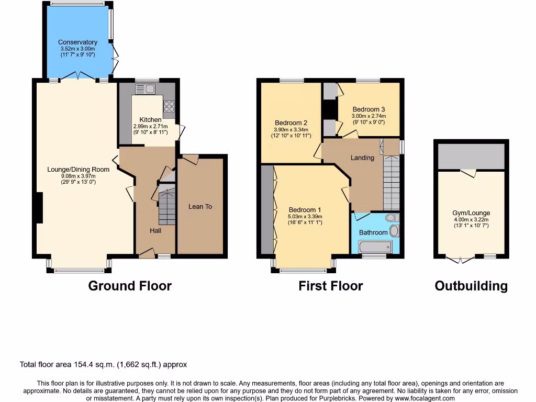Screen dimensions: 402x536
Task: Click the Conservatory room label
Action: pos(77,42)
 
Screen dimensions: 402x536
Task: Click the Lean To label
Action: pos(200,207)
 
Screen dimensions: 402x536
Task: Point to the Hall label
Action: pos(155,231)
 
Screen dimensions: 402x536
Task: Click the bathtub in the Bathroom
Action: pos(374,247)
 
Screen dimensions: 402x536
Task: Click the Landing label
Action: pos(362,158)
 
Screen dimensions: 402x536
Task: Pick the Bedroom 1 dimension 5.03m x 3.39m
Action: pos(304,217)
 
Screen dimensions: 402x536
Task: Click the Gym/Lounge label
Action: pos(471,213)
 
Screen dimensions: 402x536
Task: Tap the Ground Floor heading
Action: pos(130,286)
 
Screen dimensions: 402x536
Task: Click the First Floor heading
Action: pos(330,286)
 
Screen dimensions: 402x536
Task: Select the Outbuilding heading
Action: pos(471,286)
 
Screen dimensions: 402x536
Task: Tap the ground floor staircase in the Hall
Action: pos(166,206)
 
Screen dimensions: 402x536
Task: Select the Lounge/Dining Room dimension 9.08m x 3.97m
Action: pos(79,176)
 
